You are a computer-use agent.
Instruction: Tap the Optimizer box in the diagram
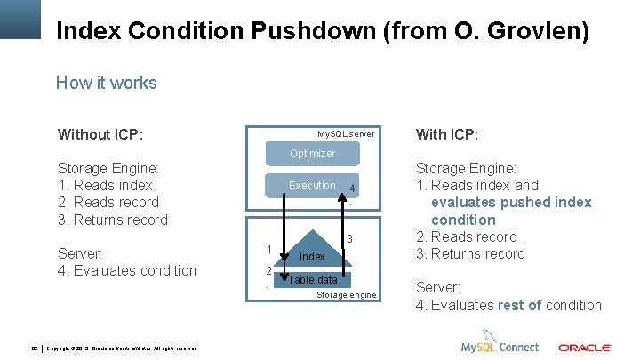[x=312, y=154]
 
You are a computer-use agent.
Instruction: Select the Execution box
[x=312, y=186]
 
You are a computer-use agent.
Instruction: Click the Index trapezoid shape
[x=312, y=256]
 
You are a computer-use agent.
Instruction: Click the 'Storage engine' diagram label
[x=347, y=295]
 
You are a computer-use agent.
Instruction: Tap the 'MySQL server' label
[x=346, y=134]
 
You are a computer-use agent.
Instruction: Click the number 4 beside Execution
[x=353, y=188]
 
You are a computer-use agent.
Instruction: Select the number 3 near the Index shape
[x=350, y=239]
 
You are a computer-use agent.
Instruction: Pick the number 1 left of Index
[x=268, y=249]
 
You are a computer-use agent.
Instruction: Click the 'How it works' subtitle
[x=106, y=84]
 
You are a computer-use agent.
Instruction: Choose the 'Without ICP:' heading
[x=100, y=135]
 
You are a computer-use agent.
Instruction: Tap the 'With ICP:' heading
[x=447, y=135]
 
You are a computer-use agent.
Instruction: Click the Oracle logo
[x=584, y=347]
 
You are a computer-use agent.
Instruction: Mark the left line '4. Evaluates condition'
[x=127, y=270]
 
